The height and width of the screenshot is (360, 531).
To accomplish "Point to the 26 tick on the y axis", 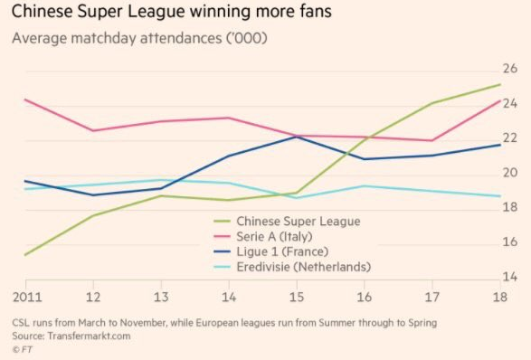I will (509, 70).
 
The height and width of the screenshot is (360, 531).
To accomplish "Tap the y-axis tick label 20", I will (509, 174).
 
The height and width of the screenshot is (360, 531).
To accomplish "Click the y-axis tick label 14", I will (509, 277).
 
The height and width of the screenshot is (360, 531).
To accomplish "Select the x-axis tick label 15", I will (296, 298).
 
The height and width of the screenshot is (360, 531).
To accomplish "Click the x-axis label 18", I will (500, 298).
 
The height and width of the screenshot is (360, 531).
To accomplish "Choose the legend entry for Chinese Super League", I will (298, 221).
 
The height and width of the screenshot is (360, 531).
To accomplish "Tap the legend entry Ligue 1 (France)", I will (281, 251).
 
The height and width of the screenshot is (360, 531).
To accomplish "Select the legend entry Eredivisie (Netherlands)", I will (302, 267).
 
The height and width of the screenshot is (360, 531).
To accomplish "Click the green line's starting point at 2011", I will (24, 255).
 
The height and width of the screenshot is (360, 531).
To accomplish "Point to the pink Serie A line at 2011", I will (24, 99).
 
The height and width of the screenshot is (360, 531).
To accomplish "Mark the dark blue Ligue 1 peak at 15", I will (296, 137).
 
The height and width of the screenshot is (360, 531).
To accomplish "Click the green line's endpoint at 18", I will (500, 84).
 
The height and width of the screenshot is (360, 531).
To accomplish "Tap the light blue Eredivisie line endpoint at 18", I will (500, 196).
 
